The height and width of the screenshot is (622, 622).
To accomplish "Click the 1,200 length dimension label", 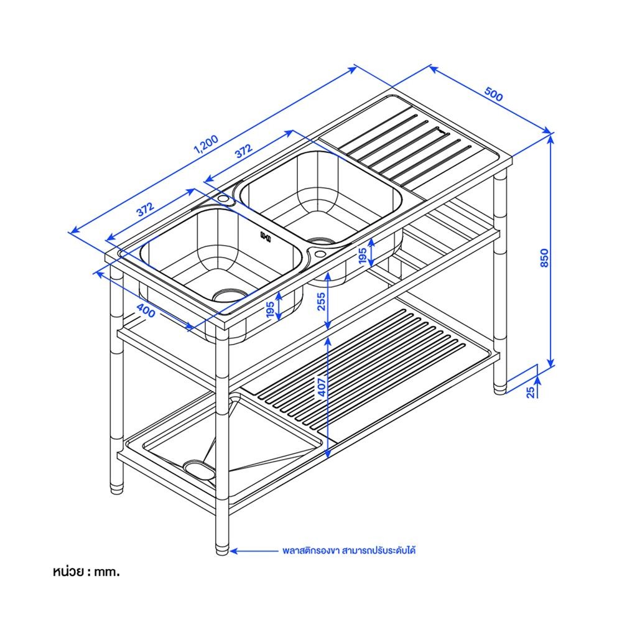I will tap(205, 144).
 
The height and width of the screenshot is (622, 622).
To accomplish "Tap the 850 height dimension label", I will tap(544, 257).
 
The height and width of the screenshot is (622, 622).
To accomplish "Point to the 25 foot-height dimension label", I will tap(530, 391).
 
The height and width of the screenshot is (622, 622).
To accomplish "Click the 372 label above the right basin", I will tap(243, 151).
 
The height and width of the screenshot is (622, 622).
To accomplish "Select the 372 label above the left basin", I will tap(145, 210).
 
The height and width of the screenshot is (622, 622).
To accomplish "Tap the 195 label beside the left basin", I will tap(270, 310).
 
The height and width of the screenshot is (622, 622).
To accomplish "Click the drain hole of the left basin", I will tap(229, 292).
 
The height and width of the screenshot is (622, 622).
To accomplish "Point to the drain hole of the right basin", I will tap(320, 239).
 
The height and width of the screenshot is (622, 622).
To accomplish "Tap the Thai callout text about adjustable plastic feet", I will tap(353, 550).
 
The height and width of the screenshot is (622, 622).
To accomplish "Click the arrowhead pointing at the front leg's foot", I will tap(233, 550).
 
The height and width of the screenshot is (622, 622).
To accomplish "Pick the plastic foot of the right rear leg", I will tap(501, 388).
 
